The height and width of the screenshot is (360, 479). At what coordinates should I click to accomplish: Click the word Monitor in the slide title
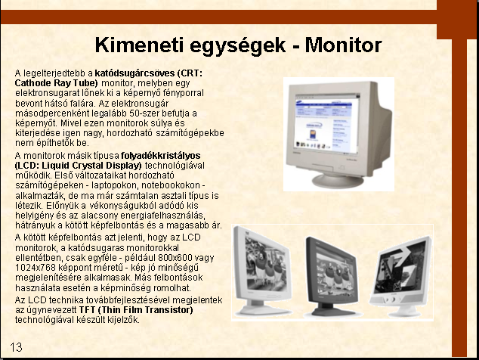(x=343, y=45)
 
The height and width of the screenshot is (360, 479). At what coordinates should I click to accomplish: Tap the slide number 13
(x=16, y=347)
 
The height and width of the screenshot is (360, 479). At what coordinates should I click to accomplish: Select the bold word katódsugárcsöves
(x=134, y=73)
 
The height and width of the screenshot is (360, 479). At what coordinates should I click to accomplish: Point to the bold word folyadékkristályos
(x=161, y=156)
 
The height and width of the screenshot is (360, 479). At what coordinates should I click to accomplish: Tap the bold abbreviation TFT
(x=87, y=310)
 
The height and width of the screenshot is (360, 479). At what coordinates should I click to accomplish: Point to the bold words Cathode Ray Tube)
(x=56, y=83)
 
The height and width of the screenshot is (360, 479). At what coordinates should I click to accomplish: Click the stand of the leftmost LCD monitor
(x=262, y=308)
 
